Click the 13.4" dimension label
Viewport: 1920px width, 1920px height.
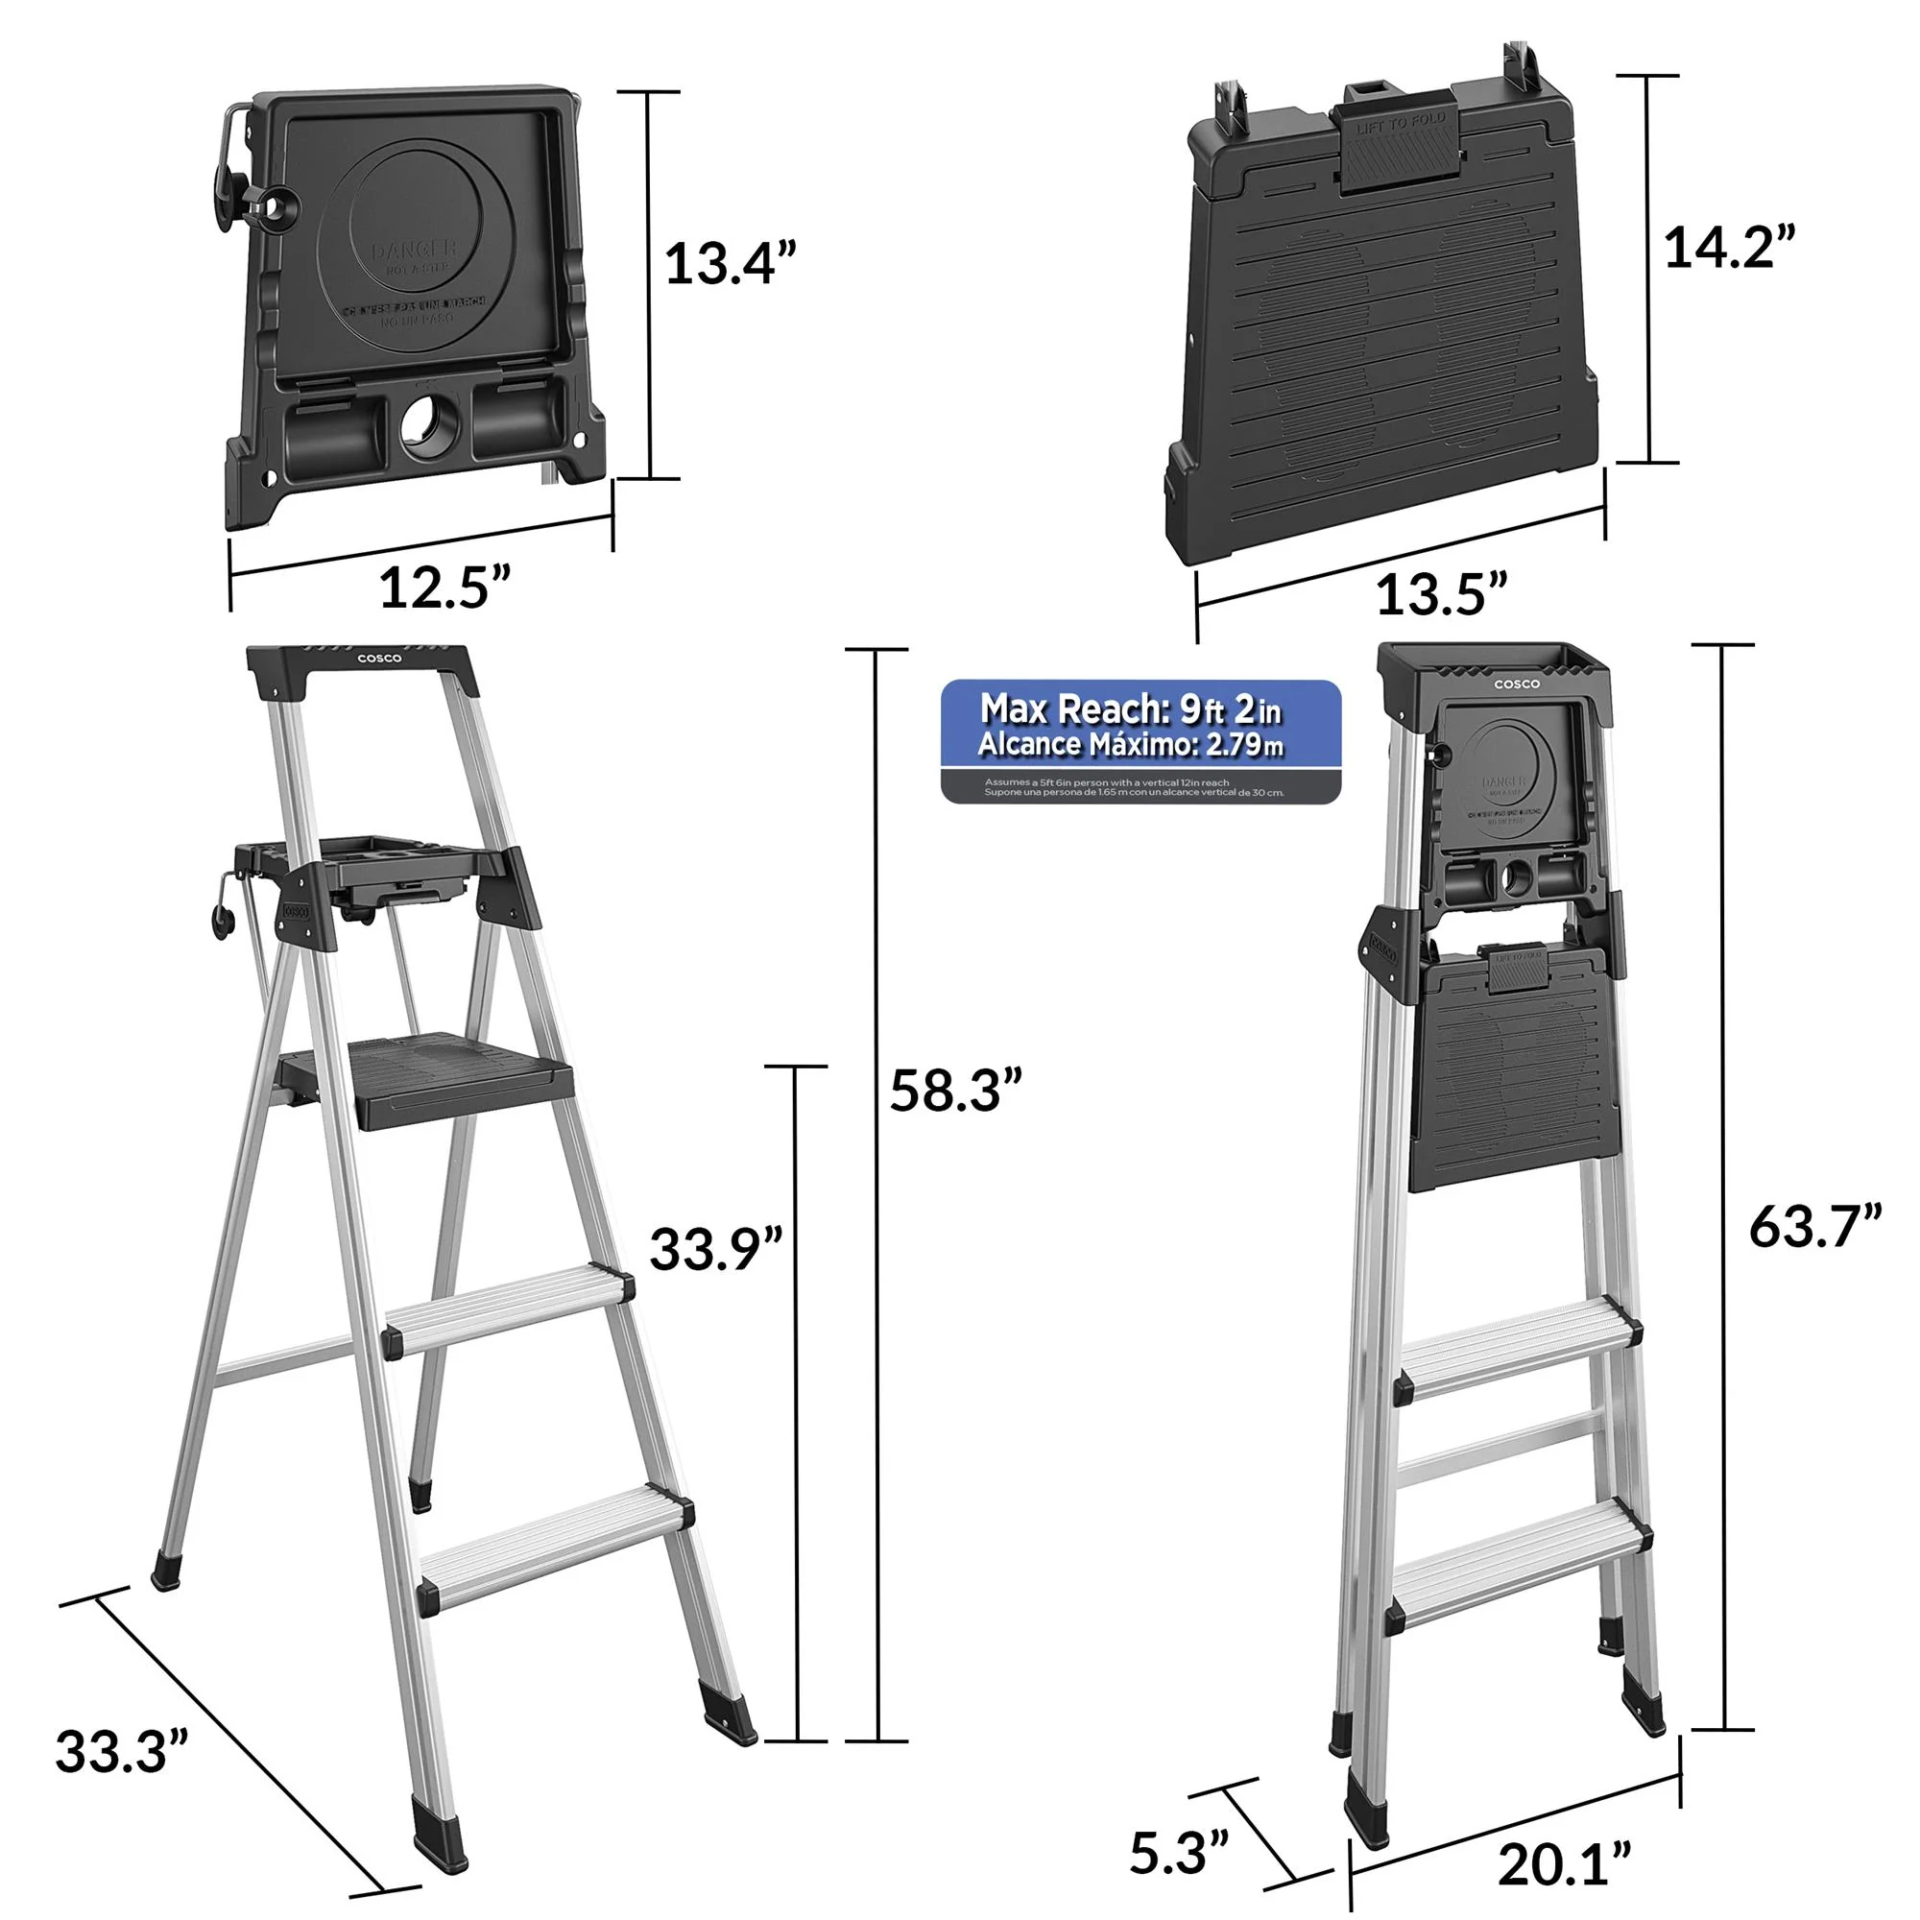pos(731,264)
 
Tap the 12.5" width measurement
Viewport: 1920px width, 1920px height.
pos(444,588)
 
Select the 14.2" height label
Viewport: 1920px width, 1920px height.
pos(1729,248)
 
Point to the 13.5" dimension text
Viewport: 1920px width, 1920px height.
pos(1441,594)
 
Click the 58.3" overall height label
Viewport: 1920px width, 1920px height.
pos(955,1091)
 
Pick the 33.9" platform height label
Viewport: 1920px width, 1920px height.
pos(715,1249)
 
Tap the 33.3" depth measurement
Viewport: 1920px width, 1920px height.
pos(121,1752)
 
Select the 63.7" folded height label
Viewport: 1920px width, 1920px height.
pos(1814,1226)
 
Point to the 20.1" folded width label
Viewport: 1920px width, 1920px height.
pos(1564,1864)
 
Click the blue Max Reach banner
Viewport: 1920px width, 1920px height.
pos(1140,726)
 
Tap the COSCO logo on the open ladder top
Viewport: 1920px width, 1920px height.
pos(379,659)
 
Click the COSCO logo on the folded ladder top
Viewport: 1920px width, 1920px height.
pos(1517,684)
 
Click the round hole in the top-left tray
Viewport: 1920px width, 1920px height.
pos(430,425)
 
